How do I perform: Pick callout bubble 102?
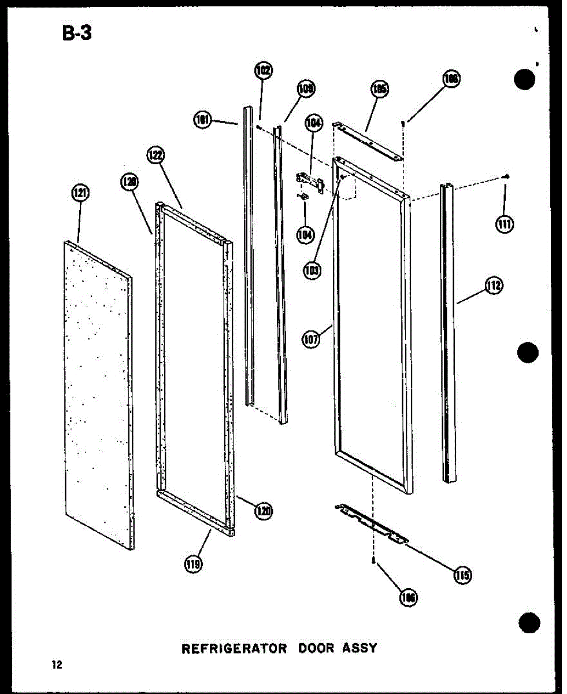[263, 72]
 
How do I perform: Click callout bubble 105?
[380, 89]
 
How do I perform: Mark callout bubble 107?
[311, 339]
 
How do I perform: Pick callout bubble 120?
[264, 511]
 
